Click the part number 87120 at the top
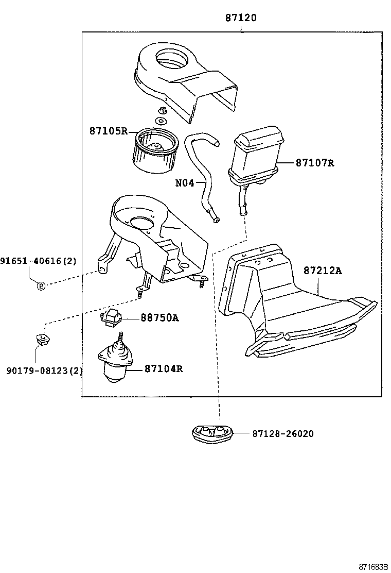tap(241, 18)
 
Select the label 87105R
tap(108, 131)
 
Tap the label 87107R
tap(315, 163)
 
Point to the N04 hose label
tap(185, 183)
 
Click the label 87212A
tap(322, 271)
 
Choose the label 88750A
tap(159, 318)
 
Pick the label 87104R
tap(164, 369)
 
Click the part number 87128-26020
tap(283, 434)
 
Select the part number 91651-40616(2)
tap(38, 261)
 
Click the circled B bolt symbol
tap(42, 285)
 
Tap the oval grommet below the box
tap(212, 433)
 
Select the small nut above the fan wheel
tap(162, 110)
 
